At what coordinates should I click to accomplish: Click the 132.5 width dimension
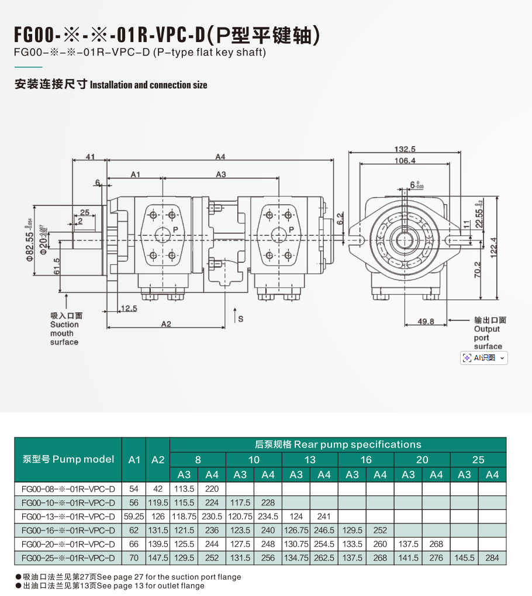405,149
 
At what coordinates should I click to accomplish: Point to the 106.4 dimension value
405,160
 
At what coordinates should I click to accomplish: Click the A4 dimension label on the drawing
220,156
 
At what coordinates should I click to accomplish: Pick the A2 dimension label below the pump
166,324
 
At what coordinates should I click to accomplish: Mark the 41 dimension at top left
90,156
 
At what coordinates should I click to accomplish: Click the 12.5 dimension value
129,308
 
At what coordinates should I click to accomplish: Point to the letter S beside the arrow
240,318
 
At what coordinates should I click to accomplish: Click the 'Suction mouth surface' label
64,329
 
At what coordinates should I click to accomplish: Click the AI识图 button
483,357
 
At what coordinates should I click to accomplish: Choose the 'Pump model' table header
68,459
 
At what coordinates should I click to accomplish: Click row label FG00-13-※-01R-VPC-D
68,516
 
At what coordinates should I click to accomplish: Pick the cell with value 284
492,558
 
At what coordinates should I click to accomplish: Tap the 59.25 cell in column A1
134,516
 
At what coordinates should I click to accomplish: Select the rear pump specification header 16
366,460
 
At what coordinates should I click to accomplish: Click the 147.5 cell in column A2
158,558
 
